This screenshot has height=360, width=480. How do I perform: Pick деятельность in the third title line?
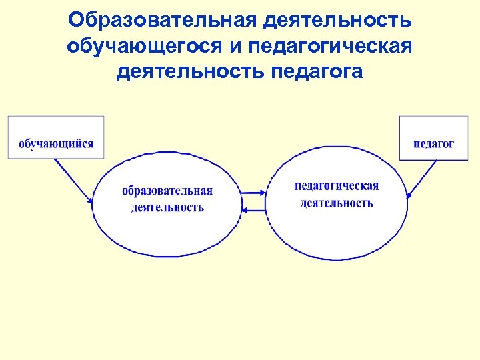coord(191,71)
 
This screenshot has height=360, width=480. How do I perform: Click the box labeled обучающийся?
coord(56,137)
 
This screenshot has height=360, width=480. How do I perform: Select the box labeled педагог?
coord(424,138)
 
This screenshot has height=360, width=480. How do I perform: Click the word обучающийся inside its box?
coord(56,143)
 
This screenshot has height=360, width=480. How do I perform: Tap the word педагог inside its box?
coord(433,143)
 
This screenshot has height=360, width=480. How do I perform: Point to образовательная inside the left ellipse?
coord(167,191)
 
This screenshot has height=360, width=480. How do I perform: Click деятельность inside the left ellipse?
coord(167,207)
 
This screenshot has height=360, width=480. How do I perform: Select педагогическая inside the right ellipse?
coord(337,186)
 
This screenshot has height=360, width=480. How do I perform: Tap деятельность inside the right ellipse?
coord(337,203)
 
